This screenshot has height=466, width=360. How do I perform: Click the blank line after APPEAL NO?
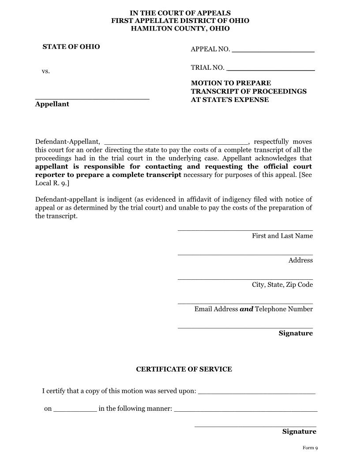click(273, 51)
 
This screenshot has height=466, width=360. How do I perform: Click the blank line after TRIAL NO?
click(270, 70)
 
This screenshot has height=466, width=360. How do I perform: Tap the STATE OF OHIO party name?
click(71, 47)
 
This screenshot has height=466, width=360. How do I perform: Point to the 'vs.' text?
click(46, 71)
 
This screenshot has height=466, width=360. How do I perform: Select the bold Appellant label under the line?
click(52, 104)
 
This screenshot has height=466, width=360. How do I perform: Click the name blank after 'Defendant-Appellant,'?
click(176, 143)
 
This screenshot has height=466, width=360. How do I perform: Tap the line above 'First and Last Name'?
click(245, 229)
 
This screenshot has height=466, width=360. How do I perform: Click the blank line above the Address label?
click(245, 254)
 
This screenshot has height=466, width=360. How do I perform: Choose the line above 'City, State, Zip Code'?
click(245, 278)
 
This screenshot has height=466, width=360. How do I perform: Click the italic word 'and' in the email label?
click(246, 309)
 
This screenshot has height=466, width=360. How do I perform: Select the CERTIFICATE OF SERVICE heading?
click(184, 369)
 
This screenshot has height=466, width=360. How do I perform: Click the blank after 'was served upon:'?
click(257, 392)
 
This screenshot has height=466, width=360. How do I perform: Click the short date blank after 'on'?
click(75, 410)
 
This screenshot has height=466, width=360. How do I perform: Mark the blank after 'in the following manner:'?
click(246, 410)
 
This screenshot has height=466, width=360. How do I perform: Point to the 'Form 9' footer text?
click(310, 448)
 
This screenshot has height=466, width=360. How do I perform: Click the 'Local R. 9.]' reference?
click(52, 183)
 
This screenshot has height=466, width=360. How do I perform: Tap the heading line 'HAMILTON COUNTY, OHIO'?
click(180, 29)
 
